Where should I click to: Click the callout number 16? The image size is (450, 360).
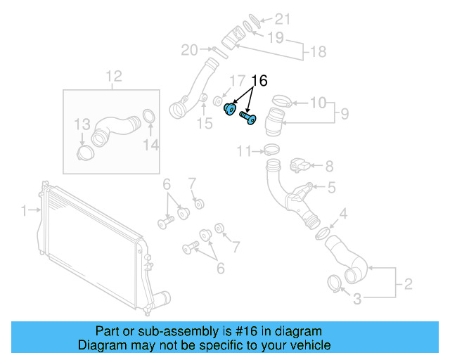pyautogui.click(x=259, y=82)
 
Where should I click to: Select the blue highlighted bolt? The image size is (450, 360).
pyautogui.click(x=248, y=117)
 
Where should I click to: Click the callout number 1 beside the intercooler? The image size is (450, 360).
pyautogui.click(x=23, y=210)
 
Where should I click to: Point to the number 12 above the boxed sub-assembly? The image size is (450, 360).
pyautogui.click(x=113, y=76)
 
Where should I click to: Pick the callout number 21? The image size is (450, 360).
pyautogui.click(x=281, y=19)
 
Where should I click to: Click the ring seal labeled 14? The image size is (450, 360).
pyautogui.click(x=149, y=116)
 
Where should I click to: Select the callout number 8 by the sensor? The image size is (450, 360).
pyautogui.click(x=329, y=167)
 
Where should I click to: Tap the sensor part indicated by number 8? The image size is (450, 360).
pyautogui.click(x=299, y=165)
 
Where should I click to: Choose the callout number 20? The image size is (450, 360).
pyautogui.click(x=189, y=49)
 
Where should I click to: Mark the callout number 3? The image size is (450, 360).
pyautogui.click(x=357, y=300)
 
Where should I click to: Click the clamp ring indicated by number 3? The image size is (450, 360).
pyautogui.click(x=335, y=283)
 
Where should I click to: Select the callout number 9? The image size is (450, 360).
pyautogui.click(x=344, y=112)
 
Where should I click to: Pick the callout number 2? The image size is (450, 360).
pyautogui.click(x=407, y=285)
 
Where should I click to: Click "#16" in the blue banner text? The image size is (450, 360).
pyautogui.click(x=238, y=330)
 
